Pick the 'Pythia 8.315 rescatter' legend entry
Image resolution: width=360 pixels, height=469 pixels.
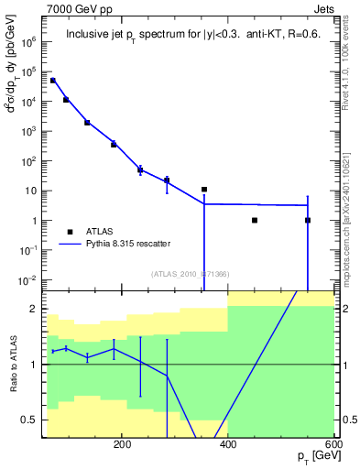[x=127, y=244]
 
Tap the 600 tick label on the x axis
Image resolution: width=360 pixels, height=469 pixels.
[x=332, y=444]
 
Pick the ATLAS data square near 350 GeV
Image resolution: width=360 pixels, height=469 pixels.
[x=204, y=190]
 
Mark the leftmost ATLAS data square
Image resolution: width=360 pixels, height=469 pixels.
[x=53, y=81]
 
